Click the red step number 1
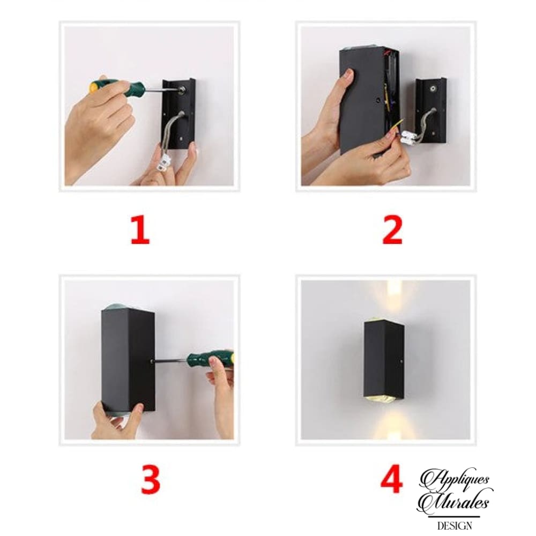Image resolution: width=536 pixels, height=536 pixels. pyautogui.click(x=140, y=230)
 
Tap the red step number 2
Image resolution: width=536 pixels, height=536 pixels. pyautogui.click(x=392, y=230)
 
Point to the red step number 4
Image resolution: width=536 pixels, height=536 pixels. pyautogui.click(x=392, y=479)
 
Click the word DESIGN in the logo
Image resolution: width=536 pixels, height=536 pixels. pyautogui.click(x=455, y=525)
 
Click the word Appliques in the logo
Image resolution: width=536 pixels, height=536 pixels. pyautogui.click(x=455, y=480)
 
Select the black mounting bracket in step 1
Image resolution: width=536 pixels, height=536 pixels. pyautogui.click(x=178, y=114)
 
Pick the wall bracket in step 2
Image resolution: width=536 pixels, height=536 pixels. pyautogui.click(x=431, y=110)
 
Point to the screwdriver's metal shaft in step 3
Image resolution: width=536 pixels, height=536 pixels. pyautogui.click(x=169, y=360)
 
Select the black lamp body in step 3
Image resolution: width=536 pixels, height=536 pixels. pyautogui.click(x=128, y=360)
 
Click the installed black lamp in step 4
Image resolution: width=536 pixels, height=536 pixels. pyautogui.click(x=384, y=359)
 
